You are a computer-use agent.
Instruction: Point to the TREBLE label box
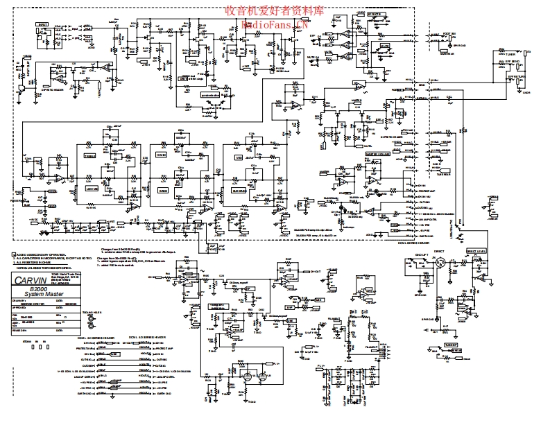[91, 156]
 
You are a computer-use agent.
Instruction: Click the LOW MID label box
[91, 189]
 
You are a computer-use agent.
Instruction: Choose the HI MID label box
[162, 156]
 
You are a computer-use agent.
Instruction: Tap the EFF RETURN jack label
[510, 62]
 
